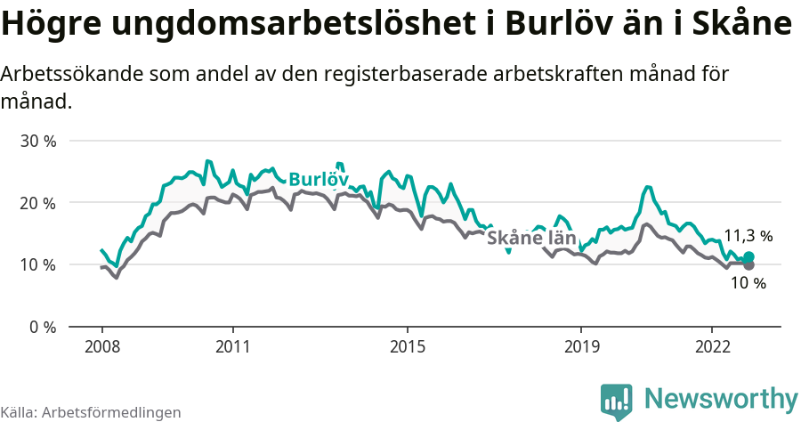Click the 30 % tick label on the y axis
37,141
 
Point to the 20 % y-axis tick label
37,203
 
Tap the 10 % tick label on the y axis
37,264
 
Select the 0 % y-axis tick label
41,327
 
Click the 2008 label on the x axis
101,345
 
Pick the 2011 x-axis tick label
232,345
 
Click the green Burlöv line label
318,178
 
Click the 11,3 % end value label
748,236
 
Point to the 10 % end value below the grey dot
748,283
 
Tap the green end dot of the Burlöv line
748,257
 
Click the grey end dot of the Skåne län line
748,265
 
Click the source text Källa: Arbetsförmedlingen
91,412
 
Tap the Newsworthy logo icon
616,401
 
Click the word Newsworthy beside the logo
721,398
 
